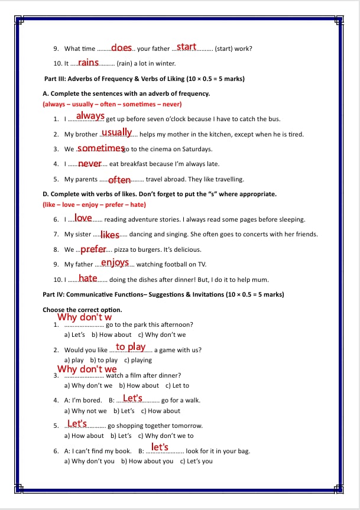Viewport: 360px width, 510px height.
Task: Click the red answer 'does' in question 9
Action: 121,47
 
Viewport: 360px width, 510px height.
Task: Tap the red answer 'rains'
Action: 88,62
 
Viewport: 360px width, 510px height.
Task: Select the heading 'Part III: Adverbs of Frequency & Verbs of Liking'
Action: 144,79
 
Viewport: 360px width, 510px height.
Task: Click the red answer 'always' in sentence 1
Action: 90,116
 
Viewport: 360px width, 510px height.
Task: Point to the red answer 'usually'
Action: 116,132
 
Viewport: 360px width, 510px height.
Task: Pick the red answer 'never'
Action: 90,163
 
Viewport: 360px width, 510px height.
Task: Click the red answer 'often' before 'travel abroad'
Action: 119,180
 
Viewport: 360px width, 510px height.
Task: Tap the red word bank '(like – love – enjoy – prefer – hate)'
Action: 94,204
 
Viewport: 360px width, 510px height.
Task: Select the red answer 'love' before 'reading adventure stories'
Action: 83,218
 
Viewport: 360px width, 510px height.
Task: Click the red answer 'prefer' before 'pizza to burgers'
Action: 93,249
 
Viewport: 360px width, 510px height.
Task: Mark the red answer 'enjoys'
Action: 115,262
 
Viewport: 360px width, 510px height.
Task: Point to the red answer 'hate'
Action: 88,278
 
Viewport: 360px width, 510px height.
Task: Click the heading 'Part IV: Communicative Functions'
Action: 163,294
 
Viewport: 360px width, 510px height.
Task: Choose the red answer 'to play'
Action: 131,347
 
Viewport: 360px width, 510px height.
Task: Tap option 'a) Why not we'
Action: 85,411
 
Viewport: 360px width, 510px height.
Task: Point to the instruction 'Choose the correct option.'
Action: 74,310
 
